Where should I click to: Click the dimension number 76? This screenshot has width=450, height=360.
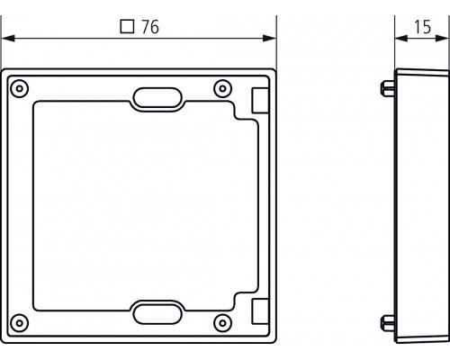coord(149,28)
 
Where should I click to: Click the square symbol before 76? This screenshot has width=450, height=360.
coord(126,28)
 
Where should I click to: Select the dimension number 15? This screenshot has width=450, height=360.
coord(420,28)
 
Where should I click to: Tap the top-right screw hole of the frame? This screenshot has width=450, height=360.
coord(222,88)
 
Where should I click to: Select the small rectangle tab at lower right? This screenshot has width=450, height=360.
coord(258,310)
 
